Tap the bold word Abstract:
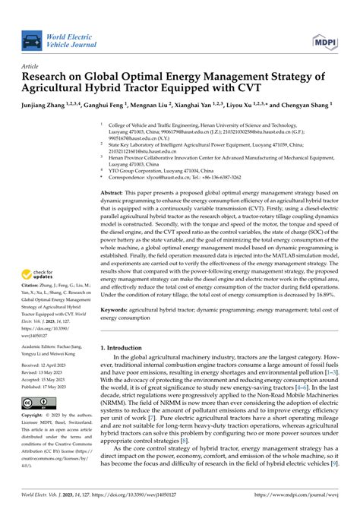(x=115, y=194)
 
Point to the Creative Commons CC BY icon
(x=41, y=403)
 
